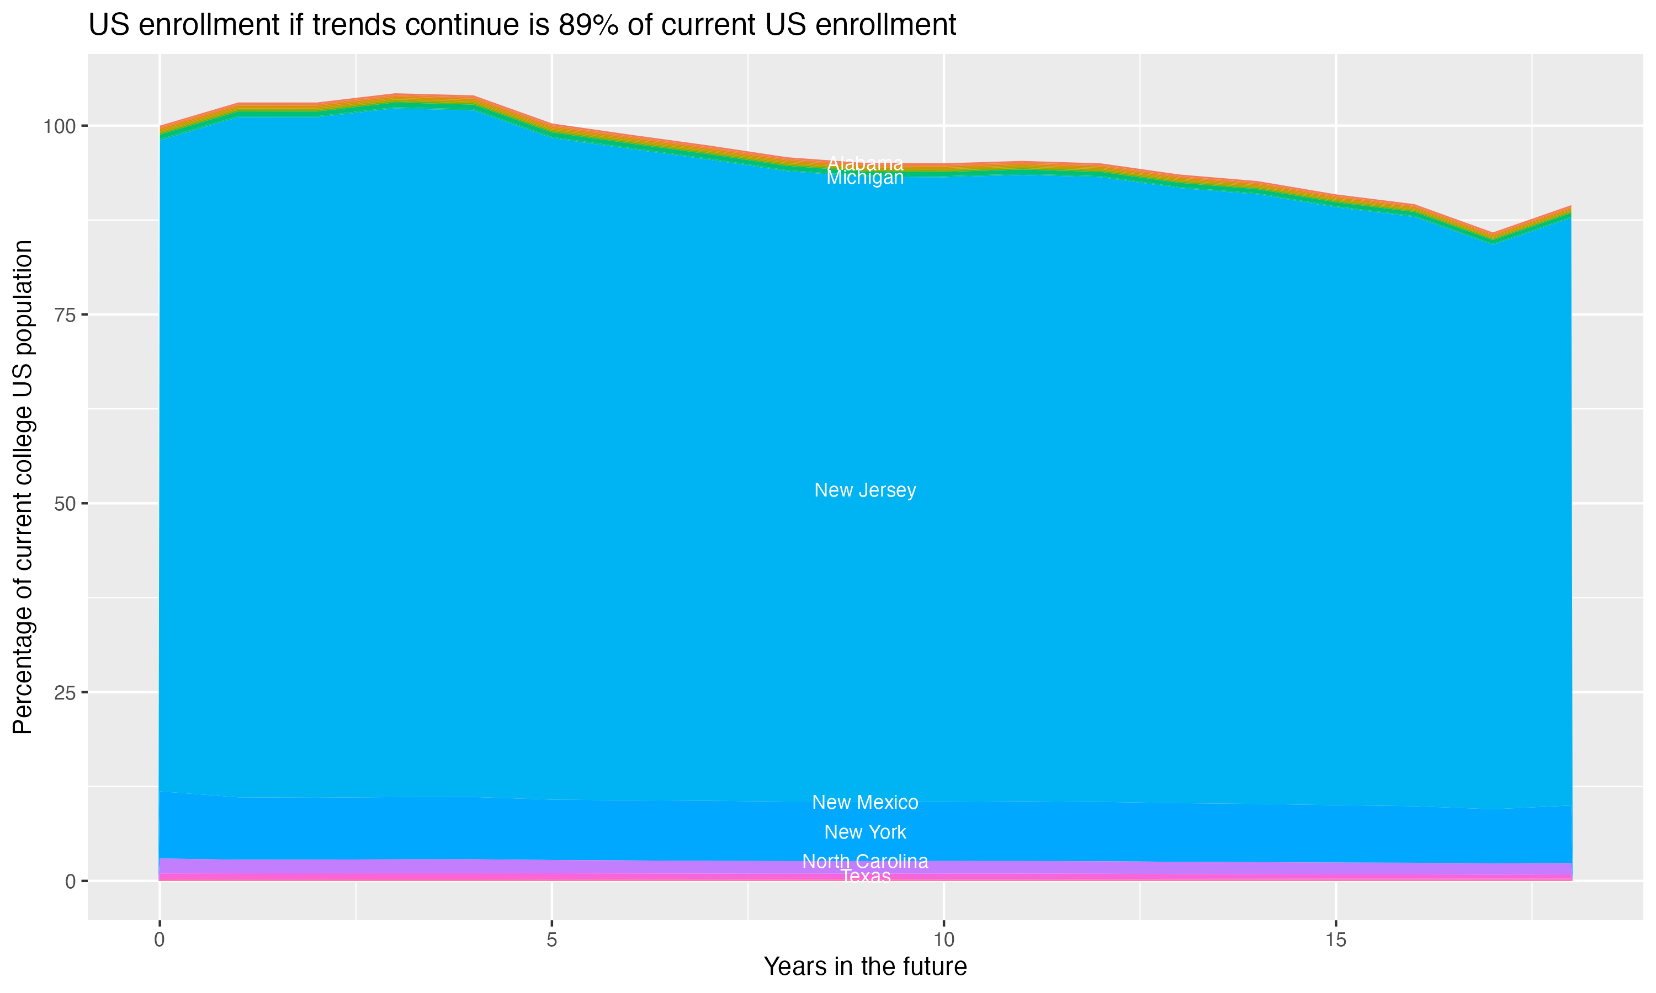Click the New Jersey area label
(865, 490)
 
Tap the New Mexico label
(865, 802)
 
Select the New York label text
(865, 832)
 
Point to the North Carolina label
(865, 861)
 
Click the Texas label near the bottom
(865, 877)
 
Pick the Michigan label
(865, 178)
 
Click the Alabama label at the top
(865, 163)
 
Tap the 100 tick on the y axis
(61, 126)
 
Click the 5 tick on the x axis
(551, 940)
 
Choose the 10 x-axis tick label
(944, 940)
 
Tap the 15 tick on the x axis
(1336, 940)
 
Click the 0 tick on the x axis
(160, 940)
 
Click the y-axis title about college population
(23, 487)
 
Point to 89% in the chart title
(588, 25)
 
